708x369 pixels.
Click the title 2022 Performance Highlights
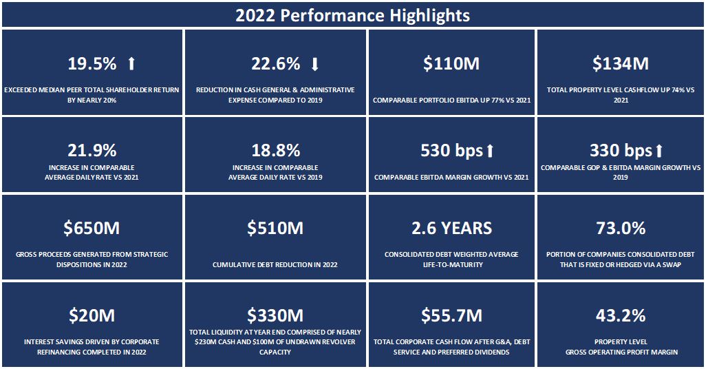tap(353, 15)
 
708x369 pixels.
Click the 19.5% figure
tap(92, 64)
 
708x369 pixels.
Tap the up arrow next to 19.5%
tap(131, 64)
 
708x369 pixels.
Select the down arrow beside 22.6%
tap(315, 64)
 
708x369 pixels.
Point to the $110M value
tap(451, 64)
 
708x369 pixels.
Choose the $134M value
tap(621, 64)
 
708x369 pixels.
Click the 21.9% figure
tap(92, 151)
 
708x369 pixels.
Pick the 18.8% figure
tap(275, 151)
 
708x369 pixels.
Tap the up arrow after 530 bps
tap(490, 151)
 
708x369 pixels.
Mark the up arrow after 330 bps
tap(659, 151)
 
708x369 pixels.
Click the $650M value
tap(92, 228)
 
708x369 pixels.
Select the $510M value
tap(275, 228)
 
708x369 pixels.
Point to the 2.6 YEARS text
tap(451, 228)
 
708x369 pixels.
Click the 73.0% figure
tap(621, 228)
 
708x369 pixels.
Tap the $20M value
tap(92, 315)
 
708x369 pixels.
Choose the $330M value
tap(275, 315)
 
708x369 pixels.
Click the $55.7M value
tap(451, 315)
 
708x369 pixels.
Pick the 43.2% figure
tap(621, 315)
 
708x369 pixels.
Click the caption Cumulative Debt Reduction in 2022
tap(275, 264)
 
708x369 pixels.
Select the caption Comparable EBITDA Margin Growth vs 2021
tap(451, 178)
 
